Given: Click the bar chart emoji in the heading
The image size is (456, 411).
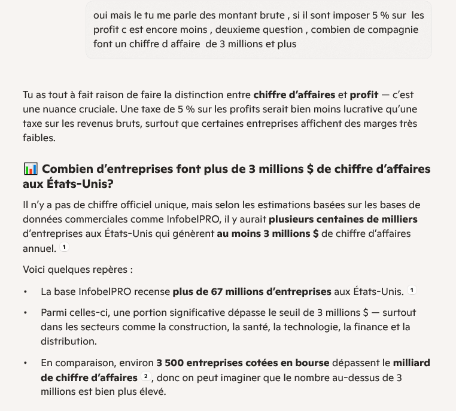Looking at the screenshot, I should [x=30, y=169].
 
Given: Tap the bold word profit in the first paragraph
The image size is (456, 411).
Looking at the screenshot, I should [x=364, y=95].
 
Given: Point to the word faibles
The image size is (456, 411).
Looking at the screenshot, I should [x=38, y=138].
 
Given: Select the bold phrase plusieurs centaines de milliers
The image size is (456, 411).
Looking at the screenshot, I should [x=343, y=219].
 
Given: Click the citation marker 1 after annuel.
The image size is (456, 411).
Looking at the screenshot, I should [x=65, y=248].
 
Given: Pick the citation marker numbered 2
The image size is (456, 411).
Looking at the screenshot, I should [x=146, y=377].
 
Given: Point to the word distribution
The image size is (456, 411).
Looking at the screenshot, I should [x=68, y=342].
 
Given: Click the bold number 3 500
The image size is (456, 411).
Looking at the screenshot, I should [x=169, y=363].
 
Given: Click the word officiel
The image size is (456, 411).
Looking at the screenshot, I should [x=136, y=205].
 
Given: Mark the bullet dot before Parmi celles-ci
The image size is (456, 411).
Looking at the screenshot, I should [x=26, y=313].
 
